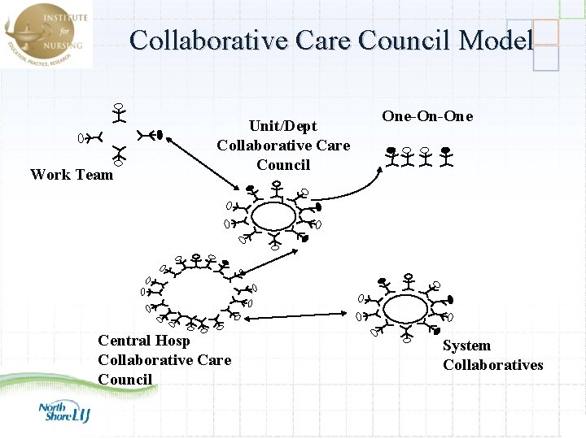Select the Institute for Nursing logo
pyautogui.click(x=46, y=33)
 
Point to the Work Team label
pyautogui.click(x=72, y=174)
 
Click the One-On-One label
pyautogui.click(x=427, y=116)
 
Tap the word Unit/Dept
pyautogui.click(x=282, y=126)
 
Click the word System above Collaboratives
pyautogui.click(x=466, y=346)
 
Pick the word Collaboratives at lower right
pyautogui.click(x=492, y=365)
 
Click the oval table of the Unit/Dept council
pyautogui.click(x=273, y=217)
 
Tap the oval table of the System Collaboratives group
pyautogui.click(x=405, y=309)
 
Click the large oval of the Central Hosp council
pyautogui.click(x=199, y=294)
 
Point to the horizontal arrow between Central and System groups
pyautogui.click(x=301, y=311)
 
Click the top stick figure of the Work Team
pyautogui.click(x=119, y=113)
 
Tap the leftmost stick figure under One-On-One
pyautogui.click(x=392, y=157)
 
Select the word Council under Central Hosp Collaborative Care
pyautogui.click(x=125, y=380)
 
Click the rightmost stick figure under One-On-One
pyautogui.click(x=445, y=157)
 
